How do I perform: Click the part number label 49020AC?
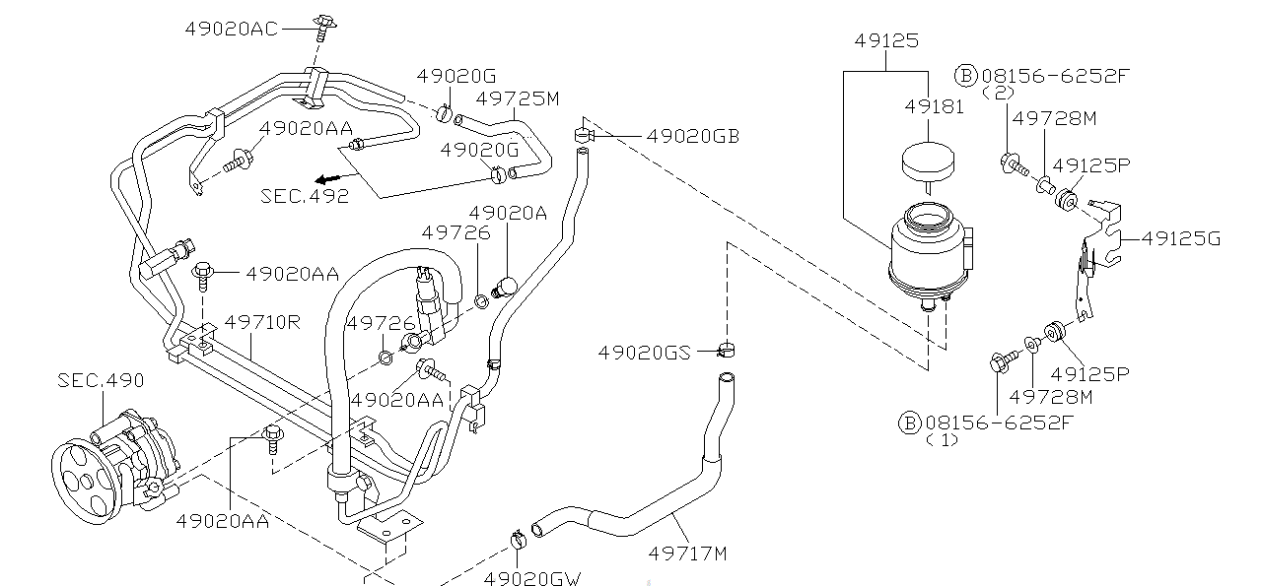click(x=232, y=29)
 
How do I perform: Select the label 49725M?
click(x=518, y=98)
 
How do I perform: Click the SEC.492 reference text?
click(x=305, y=195)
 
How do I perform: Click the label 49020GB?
click(x=692, y=136)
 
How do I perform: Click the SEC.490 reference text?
click(x=101, y=380)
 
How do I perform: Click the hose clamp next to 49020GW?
click(x=519, y=539)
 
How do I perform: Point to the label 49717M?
click(x=687, y=553)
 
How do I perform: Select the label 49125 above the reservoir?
click(x=885, y=41)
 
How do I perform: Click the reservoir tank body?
click(x=926, y=251)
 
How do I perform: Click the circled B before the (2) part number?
click(x=965, y=75)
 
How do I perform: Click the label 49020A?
click(x=507, y=213)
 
